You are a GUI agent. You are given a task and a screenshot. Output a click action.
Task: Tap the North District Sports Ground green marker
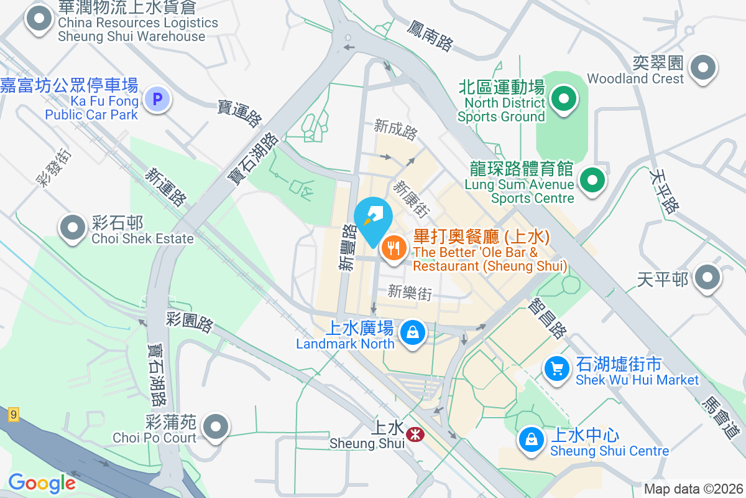[x=564, y=99]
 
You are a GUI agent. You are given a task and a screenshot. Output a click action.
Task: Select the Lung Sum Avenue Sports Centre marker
[x=592, y=181]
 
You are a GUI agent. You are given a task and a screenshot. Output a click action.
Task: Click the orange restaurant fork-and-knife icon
[x=394, y=250]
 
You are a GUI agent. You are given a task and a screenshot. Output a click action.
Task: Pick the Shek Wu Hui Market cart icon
[x=557, y=369]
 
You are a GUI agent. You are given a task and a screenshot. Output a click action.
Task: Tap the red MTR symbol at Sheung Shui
[x=412, y=433]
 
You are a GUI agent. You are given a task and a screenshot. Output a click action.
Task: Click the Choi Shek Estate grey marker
[x=73, y=228]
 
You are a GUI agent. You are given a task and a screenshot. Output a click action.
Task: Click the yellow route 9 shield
[x=13, y=414]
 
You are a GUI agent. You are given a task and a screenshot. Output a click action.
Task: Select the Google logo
[x=42, y=482]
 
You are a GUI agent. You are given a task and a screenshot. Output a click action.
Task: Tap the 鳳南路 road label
[x=430, y=35]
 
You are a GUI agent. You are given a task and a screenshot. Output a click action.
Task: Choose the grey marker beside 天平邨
[x=707, y=278]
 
